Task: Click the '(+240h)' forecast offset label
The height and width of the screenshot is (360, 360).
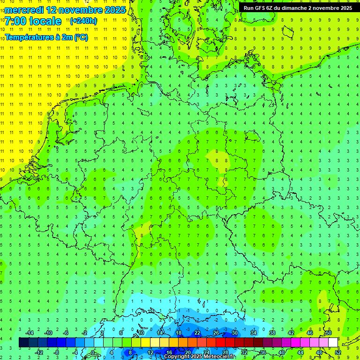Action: click(x=83, y=21)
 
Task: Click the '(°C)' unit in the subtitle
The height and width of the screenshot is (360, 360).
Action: click(x=81, y=37)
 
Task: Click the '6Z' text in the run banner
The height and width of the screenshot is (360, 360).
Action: click(x=272, y=8)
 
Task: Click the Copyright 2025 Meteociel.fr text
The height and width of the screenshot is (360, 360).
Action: click(x=200, y=357)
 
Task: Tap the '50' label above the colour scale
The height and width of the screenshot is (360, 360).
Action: click(x=328, y=333)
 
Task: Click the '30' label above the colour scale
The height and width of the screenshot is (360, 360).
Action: click(x=234, y=333)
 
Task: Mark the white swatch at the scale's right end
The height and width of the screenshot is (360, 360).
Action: click(x=333, y=343)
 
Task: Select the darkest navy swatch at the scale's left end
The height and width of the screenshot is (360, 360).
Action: click(x=23, y=343)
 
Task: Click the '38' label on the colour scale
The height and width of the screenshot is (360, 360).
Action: click(x=272, y=333)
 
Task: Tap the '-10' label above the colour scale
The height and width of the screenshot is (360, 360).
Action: click(x=48, y=333)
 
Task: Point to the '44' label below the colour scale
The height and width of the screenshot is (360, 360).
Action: click(x=300, y=352)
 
